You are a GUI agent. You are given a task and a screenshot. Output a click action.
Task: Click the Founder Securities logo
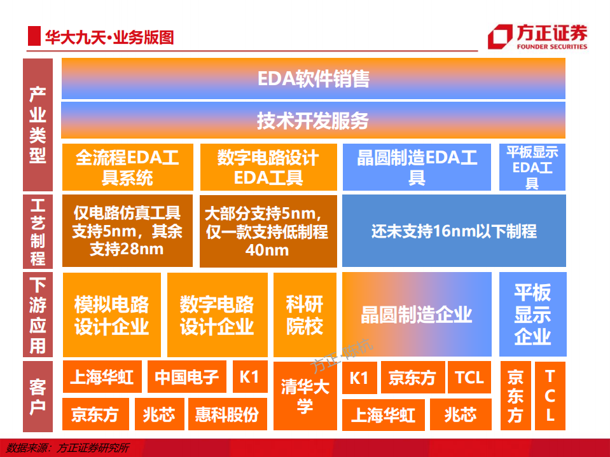coord(537,37)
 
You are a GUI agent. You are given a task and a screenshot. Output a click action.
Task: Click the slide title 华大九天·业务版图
coord(109,38)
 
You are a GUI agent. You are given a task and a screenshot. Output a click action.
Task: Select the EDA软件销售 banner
coord(313,79)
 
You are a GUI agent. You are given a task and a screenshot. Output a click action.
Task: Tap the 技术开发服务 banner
coord(313,120)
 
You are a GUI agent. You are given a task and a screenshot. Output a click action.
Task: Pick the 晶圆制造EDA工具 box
coord(417,167)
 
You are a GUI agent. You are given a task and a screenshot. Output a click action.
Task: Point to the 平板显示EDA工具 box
coord(532,167)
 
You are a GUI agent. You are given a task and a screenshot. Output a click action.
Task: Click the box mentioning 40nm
coord(268,231)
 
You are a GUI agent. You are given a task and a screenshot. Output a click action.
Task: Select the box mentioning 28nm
coord(127,231)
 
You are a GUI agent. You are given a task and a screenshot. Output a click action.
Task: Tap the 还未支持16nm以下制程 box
coord(454,231)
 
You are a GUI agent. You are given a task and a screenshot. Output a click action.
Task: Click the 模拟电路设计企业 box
coord(111,315)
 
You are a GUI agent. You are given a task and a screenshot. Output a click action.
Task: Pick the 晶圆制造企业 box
coord(417,315)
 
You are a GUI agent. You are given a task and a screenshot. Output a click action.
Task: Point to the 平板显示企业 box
coord(532,315)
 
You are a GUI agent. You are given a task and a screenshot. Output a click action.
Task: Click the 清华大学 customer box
coord(305,396)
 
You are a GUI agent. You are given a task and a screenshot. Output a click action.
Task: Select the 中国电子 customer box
coord(187,378)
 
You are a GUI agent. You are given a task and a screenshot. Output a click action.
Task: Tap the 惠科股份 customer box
coord(227,415)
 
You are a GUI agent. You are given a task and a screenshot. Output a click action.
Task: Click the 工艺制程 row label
coord(38,231)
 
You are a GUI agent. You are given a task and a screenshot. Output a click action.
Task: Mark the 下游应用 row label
coord(38,315)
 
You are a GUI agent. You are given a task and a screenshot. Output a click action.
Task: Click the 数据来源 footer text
coord(66,448)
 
